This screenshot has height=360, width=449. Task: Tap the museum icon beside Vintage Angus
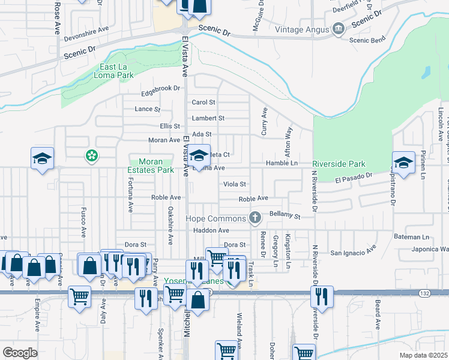tap(338, 29)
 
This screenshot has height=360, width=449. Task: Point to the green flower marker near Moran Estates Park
tap(92, 157)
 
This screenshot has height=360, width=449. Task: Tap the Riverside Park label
tap(339, 164)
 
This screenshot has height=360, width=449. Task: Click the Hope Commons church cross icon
tap(255, 218)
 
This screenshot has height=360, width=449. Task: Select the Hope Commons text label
tap(215, 218)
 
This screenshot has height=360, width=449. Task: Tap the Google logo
tap(20, 352)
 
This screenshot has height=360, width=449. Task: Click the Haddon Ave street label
tap(211, 230)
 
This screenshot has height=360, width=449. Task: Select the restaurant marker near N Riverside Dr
tap(322, 296)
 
